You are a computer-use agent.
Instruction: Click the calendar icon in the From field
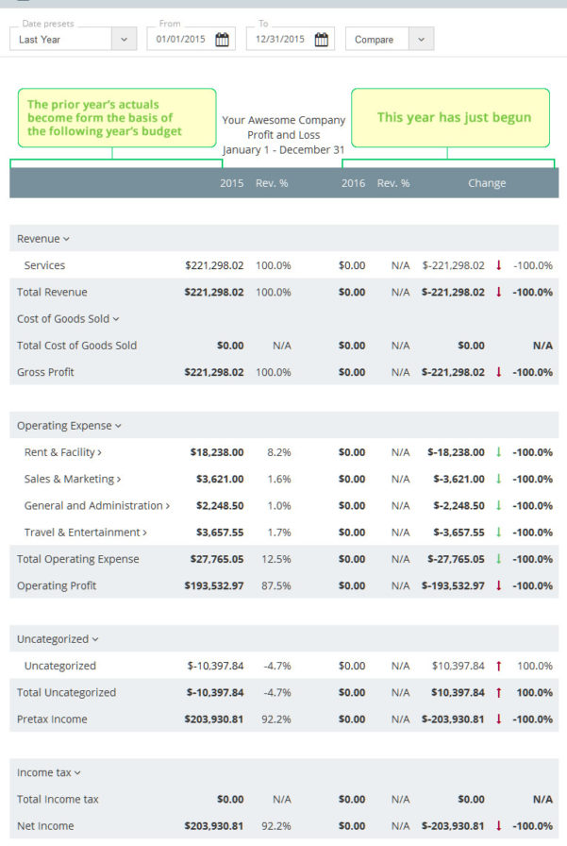pos(222,39)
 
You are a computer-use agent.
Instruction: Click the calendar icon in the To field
pos(321,39)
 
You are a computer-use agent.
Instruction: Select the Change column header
pos(486,183)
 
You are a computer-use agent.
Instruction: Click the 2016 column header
pos(353,183)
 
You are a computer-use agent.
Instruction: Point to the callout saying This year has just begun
pos(451,118)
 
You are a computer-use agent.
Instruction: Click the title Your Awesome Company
pos(283,120)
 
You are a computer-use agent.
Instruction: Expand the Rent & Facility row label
pos(62,452)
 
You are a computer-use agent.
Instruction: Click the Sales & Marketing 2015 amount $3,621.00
pos(219,479)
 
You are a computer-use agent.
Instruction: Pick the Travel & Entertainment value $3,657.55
pos(219,533)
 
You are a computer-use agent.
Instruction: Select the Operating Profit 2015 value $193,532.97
pos(213,585)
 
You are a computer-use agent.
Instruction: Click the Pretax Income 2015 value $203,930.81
pos(213,719)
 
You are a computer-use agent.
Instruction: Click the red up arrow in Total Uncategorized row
pos(498,692)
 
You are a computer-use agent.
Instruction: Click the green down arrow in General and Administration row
pos(498,506)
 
